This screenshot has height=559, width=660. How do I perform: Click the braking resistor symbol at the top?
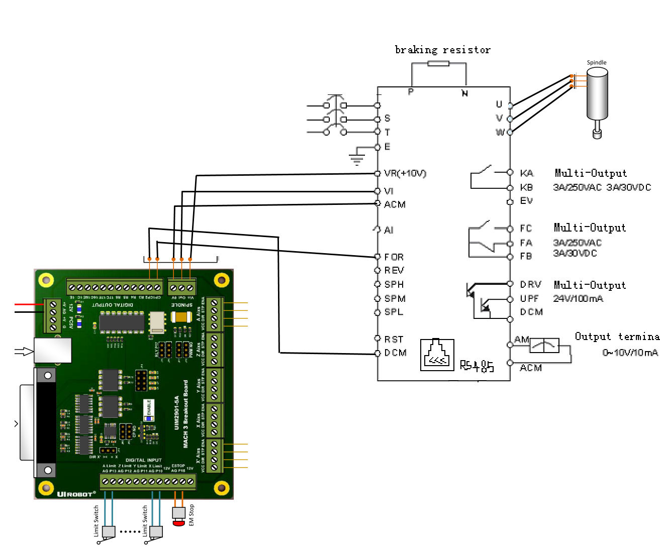[438, 63]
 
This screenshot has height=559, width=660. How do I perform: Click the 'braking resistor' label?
[442, 50]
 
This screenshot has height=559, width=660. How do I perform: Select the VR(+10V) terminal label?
[405, 173]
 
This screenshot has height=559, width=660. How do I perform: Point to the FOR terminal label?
[394, 257]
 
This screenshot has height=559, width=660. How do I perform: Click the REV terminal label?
[394, 270]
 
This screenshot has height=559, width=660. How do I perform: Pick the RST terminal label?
[394, 340]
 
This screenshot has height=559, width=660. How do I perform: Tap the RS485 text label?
[477, 366]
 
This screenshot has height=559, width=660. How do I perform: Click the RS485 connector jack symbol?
[437, 355]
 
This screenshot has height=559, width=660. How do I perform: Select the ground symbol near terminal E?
[357, 160]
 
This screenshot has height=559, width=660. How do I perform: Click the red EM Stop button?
[178, 523]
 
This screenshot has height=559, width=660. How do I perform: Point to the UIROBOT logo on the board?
[76, 494]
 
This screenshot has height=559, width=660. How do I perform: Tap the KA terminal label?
[527, 173]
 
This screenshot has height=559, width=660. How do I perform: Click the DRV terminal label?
[530, 285]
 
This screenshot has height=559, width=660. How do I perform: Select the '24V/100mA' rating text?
[578, 299]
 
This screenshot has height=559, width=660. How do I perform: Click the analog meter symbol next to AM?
[544, 346]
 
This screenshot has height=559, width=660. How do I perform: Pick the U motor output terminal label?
[499, 104]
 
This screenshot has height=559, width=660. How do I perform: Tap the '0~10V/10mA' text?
[630, 353]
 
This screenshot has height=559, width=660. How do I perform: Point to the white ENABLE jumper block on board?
[148, 410]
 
